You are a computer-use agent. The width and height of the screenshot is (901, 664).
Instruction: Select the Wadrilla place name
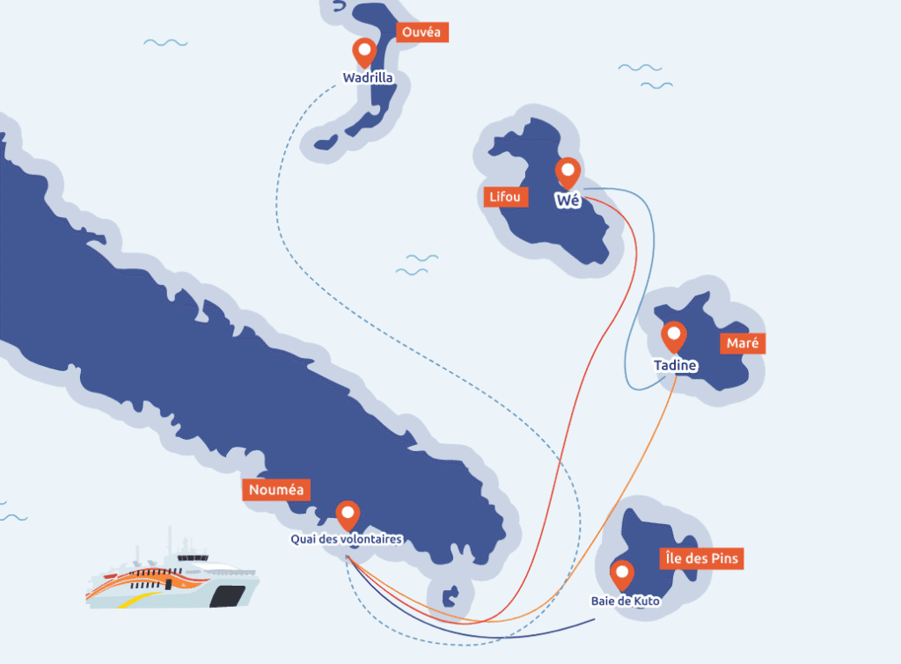[368, 78]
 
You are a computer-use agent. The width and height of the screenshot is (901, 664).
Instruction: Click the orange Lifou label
[506, 197]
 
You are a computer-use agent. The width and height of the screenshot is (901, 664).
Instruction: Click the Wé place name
[568, 201]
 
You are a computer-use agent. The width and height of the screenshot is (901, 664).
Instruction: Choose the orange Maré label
[743, 343]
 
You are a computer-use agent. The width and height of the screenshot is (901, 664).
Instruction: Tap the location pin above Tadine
[674, 336]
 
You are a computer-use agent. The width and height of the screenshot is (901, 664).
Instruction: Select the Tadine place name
[676, 365]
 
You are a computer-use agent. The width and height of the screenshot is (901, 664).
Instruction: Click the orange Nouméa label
[276, 490]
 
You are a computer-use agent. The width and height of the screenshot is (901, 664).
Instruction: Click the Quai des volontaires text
[347, 539]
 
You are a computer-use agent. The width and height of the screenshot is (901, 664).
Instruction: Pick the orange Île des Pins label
[700, 558]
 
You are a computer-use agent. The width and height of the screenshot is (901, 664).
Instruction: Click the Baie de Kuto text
[625, 602]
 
